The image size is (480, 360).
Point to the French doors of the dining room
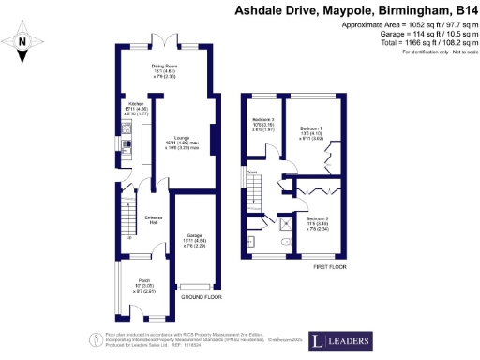(x=165, y=42)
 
